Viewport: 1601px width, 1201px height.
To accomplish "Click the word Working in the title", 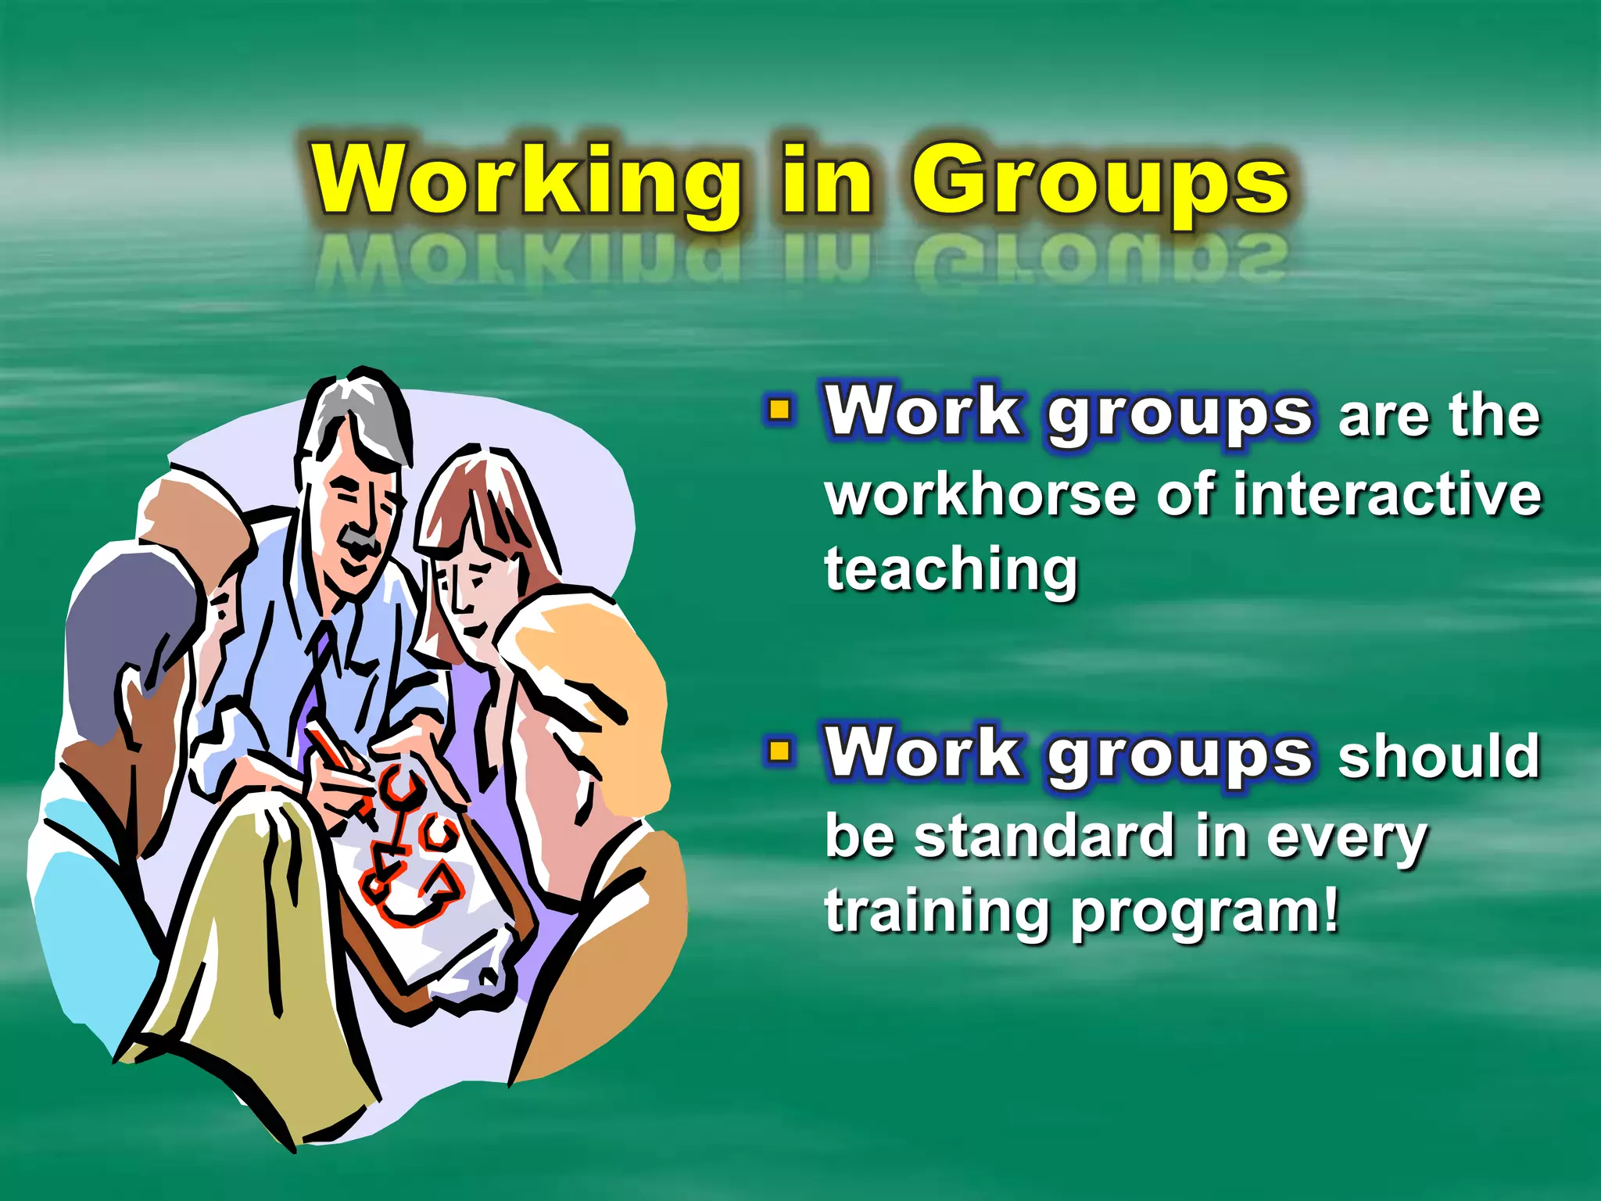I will point(525,181).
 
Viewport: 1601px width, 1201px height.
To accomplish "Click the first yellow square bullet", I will point(779,410).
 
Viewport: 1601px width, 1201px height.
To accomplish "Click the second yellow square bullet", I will point(779,751).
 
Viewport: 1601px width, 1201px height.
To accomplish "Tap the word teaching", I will point(951,571).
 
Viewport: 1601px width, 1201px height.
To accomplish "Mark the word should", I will point(1438,757).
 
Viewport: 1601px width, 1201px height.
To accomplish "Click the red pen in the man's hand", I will point(332,751).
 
